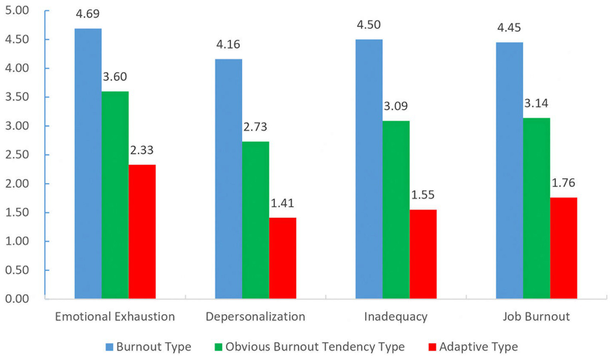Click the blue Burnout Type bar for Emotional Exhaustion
click(88, 163)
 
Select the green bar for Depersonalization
click(256, 220)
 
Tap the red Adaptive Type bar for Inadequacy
click(423, 254)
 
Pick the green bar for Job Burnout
click(536, 208)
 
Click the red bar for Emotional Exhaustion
click(142, 231)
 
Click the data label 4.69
click(88, 14)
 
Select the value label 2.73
click(255, 127)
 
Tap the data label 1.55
click(423, 195)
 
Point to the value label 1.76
click(563, 183)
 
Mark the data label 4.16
click(228, 44)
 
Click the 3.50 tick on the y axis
click(17, 97)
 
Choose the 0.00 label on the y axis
click(17, 299)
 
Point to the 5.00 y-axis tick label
click(17, 10)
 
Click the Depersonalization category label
click(255, 317)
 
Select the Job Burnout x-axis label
click(536, 317)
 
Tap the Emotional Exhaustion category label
click(115, 317)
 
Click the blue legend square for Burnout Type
click(109, 347)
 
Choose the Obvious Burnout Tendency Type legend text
click(315, 347)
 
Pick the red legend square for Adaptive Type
click(432, 347)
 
